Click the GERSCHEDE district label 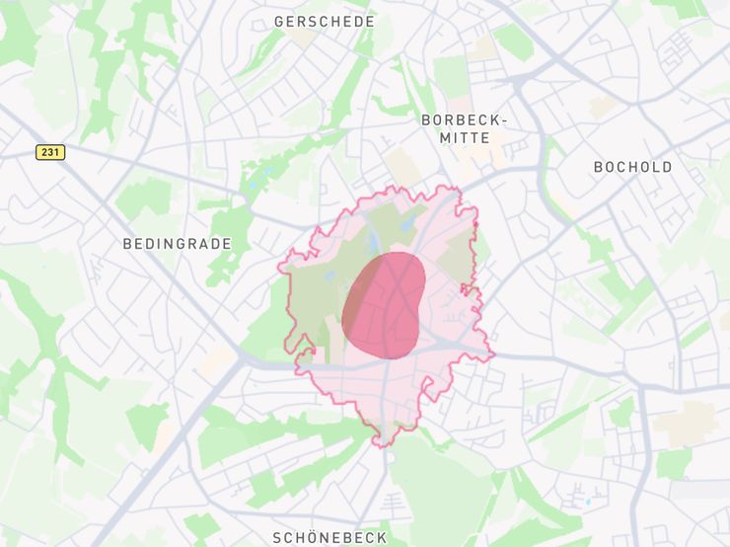[x=324, y=21]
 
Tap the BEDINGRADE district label [x=178, y=243]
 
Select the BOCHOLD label [x=632, y=167]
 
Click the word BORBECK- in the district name [x=465, y=119]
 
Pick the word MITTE [x=465, y=138]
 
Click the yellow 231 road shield [x=50, y=152]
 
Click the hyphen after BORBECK [x=504, y=120]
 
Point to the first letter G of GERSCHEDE [x=279, y=21]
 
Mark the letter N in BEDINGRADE [x=168, y=243]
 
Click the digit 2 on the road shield [x=45, y=152]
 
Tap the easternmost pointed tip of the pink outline [x=493, y=354]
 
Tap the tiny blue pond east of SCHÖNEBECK [x=589, y=501]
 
